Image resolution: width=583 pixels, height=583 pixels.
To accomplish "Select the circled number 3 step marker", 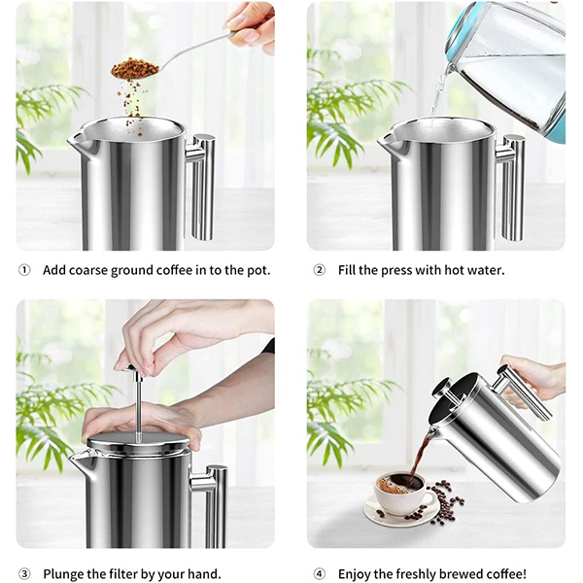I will coord(24,574).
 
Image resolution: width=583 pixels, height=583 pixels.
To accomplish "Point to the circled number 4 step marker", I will coord(319,574).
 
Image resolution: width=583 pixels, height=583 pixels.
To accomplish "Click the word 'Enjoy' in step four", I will coord(356,574).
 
